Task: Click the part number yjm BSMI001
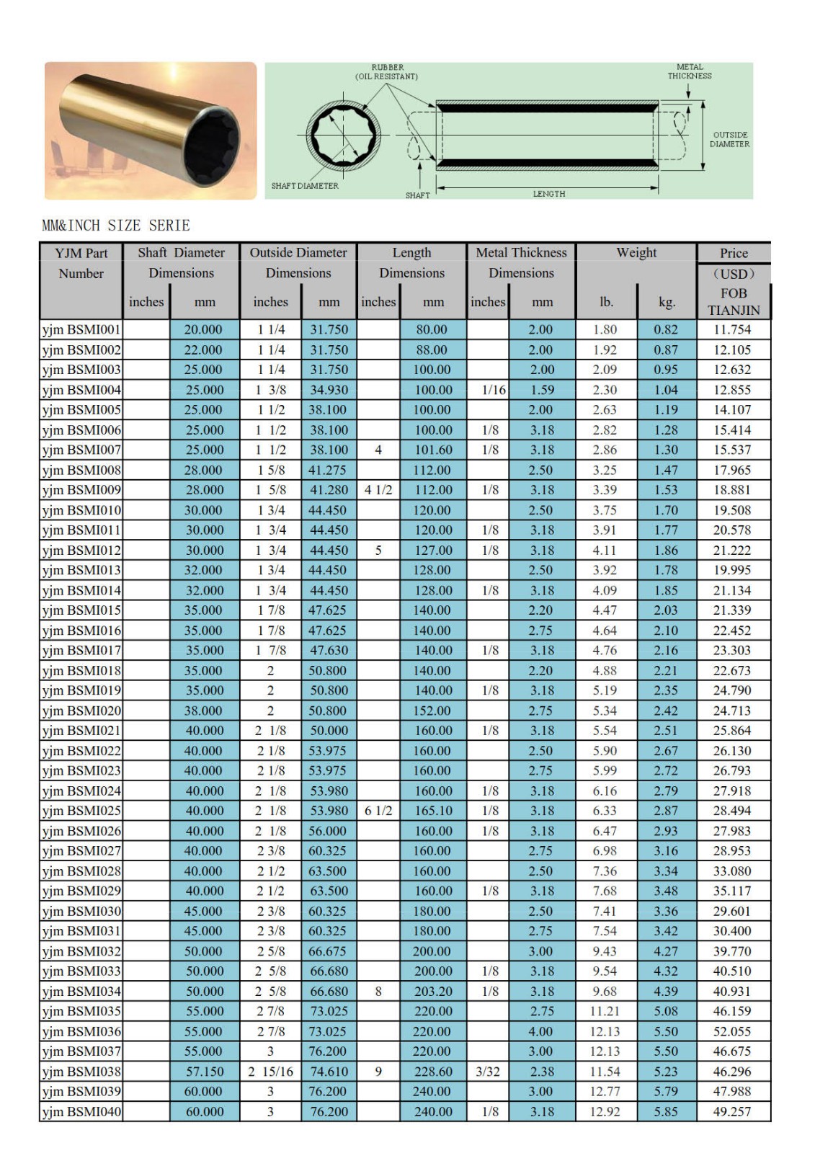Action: (81, 330)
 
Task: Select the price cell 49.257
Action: (731, 1112)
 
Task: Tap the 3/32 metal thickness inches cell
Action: (488, 1072)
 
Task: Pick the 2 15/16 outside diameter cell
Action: (270, 1072)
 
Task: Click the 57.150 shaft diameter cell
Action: (204, 1072)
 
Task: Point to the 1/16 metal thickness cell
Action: (494, 390)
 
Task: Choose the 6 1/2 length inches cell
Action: (378, 811)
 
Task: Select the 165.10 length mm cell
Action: (432, 811)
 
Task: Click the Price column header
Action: (734, 253)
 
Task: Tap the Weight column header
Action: (636, 253)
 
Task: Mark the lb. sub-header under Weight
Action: (607, 302)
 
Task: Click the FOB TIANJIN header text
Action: (733, 302)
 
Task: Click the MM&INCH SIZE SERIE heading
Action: (116, 226)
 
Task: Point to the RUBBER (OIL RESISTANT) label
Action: (387, 72)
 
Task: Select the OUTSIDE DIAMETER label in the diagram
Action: (729, 140)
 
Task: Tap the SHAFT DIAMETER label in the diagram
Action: (305, 186)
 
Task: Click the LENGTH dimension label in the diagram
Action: (549, 194)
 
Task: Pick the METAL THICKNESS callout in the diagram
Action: (689, 71)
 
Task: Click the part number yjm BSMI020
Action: (81, 711)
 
